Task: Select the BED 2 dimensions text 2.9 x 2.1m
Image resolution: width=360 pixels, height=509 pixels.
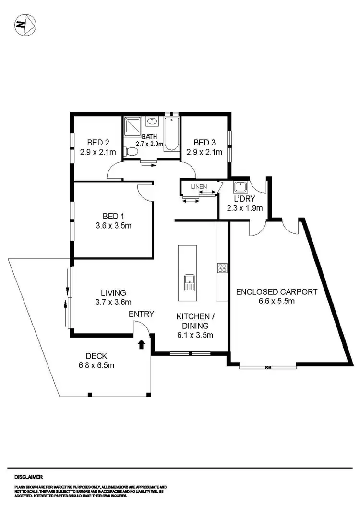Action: (x=98, y=153)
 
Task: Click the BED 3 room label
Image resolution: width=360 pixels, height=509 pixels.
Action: (x=204, y=143)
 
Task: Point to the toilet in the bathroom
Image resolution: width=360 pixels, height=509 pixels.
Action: (x=131, y=152)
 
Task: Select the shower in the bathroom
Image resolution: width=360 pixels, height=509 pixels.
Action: (x=131, y=127)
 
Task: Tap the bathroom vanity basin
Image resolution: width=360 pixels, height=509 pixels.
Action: (x=152, y=122)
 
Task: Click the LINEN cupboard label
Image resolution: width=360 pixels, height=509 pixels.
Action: (x=198, y=186)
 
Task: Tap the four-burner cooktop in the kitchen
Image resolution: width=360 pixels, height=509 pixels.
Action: (x=222, y=268)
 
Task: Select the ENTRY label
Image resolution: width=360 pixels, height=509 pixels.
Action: (x=141, y=314)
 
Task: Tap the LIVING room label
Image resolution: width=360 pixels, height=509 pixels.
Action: (x=113, y=292)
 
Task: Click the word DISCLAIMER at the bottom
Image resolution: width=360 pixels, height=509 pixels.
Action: (x=28, y=477)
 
